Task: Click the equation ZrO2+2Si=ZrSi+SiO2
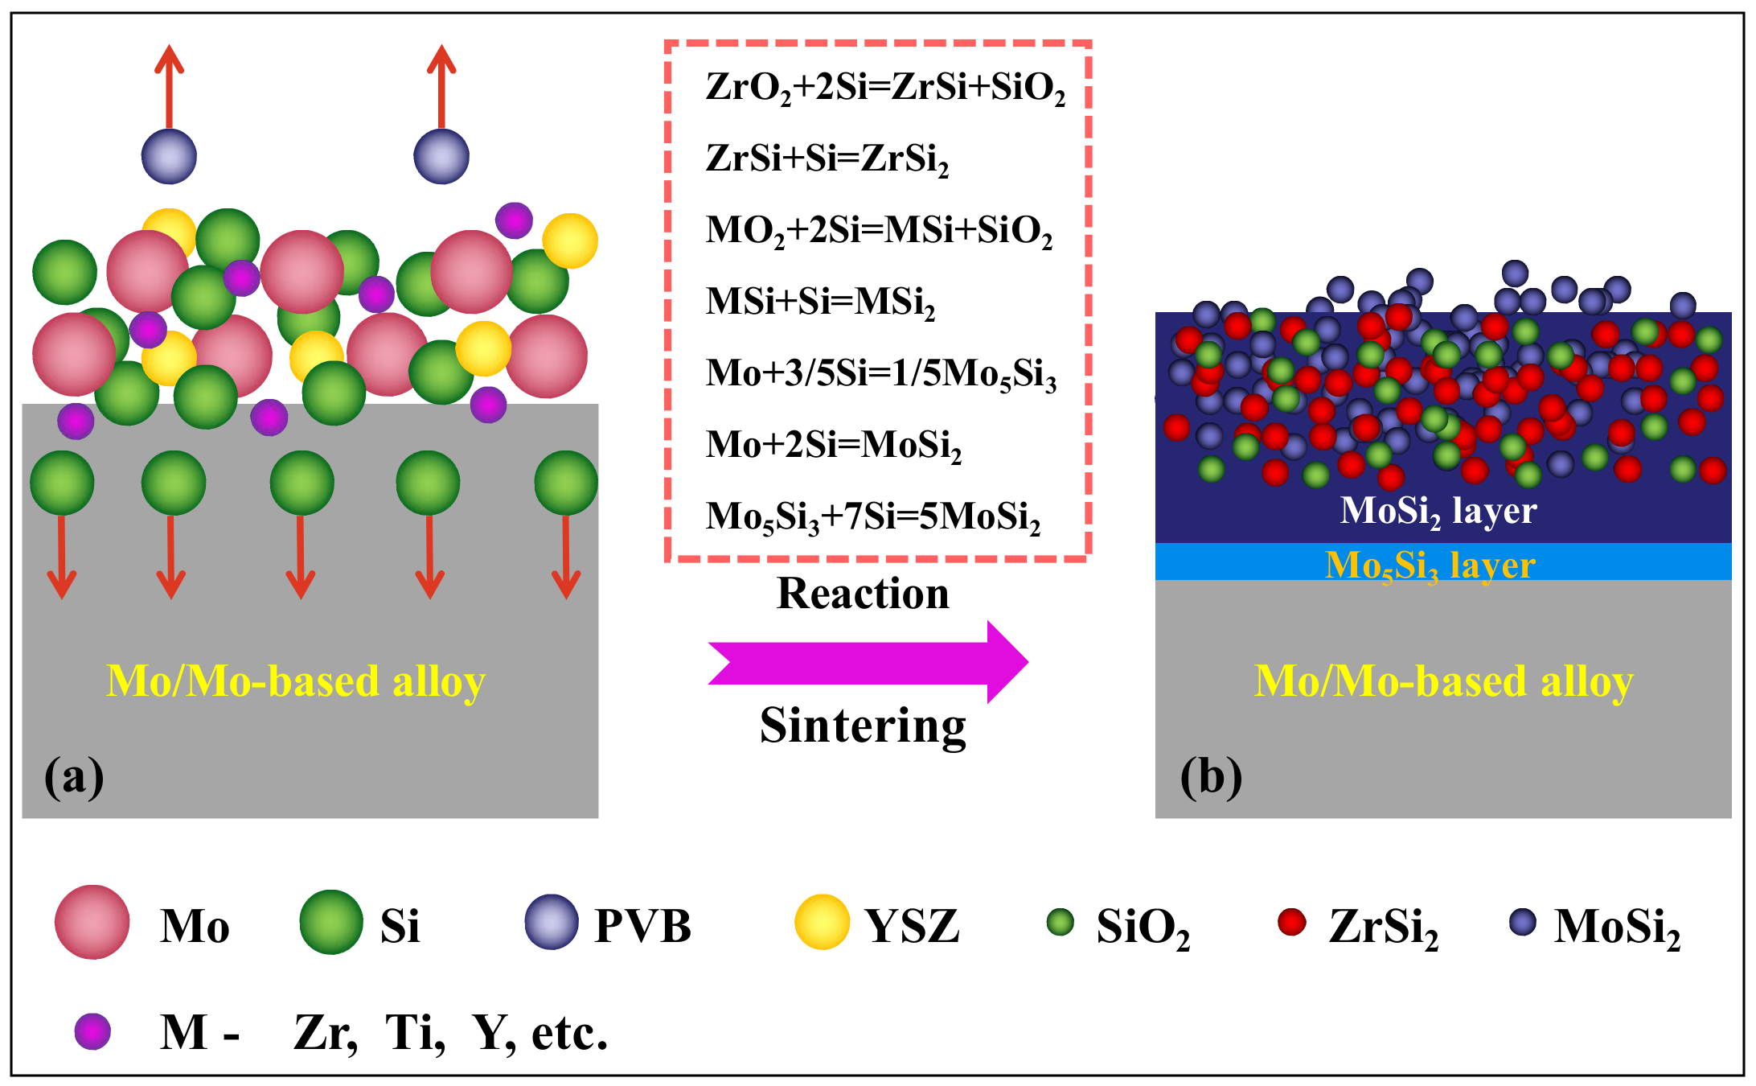(x=884, y=88)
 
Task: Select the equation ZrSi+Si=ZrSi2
(x=827, y=158)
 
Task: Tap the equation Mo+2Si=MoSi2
(x=833, y=445)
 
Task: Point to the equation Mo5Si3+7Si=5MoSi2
(x=872, y=516)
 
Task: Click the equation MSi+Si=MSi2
(x=820, y=302)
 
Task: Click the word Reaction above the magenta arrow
(x=863, y=594)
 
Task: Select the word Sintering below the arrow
(x=863, y=726)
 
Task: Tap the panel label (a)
(x=74, y=777)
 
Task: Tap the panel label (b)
(x=1210, y=777)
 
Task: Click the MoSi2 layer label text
(x=1438, y=511)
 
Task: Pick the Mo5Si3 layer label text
(x=1430, y=565)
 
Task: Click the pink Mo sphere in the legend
(x=92, y=922)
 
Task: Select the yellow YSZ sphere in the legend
(x=822, y=922)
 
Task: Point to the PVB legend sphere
(x=552, y=922)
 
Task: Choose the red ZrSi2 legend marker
(x=1291, y=922)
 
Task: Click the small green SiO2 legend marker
(x=1061, y=922)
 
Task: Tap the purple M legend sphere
(x=92, y=1031)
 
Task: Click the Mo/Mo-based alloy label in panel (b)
(x=1443, y=682)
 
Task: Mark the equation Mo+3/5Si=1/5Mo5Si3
(x=880, y=374)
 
